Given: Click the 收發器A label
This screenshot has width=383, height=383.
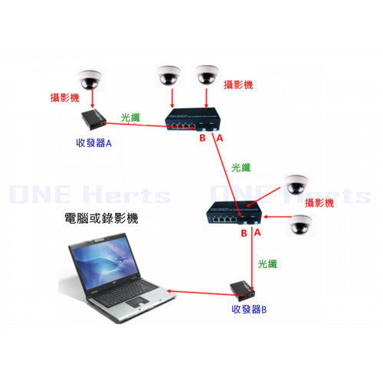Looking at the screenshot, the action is tap(94, 143).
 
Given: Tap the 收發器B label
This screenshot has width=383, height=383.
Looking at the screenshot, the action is tap(249, 309).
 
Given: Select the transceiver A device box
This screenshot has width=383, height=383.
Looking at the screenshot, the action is tap(93, 119).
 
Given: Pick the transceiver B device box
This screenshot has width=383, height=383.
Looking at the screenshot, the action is tap(243, 291).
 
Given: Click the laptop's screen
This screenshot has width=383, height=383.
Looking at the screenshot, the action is tap(105, 263).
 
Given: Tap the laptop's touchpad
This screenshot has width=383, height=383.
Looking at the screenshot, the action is tap(137, 302).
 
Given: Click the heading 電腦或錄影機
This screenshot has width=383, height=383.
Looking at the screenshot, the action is tap(101, 218).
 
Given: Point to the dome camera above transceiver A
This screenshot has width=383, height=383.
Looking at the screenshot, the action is tap(90, 80).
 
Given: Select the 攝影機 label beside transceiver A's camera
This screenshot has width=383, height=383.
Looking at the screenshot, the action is tap(65, 97).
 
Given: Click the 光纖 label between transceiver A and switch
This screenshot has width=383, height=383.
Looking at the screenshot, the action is tap(130, 118).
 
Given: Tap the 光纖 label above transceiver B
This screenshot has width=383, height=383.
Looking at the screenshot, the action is tap(267, 264).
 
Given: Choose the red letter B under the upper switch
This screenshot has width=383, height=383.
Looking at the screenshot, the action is tap(202, 138).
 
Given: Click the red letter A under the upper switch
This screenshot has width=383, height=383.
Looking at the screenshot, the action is tap(220, 138).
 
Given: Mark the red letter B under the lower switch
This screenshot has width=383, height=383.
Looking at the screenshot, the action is tap(244, 233).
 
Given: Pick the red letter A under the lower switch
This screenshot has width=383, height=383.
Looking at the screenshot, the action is tap(257, 233).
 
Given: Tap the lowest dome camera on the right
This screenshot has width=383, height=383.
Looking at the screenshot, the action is tap(301, 224).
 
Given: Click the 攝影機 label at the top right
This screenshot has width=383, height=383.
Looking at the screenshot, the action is tap(238, 85).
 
